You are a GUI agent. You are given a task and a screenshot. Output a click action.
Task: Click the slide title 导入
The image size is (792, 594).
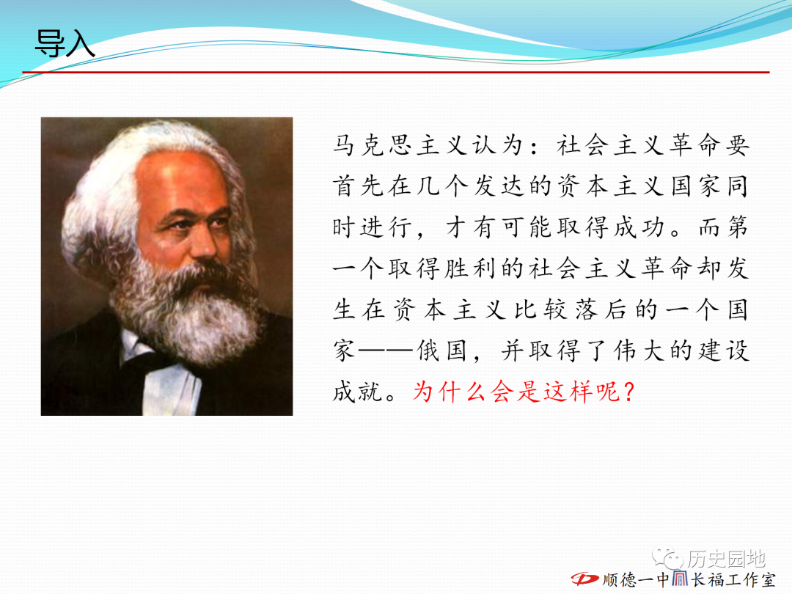point(65,43)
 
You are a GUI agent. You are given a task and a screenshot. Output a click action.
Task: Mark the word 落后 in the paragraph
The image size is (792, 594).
point(600,309)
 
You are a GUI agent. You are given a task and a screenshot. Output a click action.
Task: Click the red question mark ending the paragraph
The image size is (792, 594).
point(629,392)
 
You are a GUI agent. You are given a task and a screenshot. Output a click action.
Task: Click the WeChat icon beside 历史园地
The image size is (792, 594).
point(668,557)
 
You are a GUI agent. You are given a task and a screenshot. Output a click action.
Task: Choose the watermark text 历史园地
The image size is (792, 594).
point(726,558)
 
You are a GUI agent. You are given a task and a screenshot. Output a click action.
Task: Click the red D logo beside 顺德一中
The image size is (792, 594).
point(585,579)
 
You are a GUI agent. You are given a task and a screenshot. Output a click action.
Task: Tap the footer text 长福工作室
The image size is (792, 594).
point(733,579)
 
